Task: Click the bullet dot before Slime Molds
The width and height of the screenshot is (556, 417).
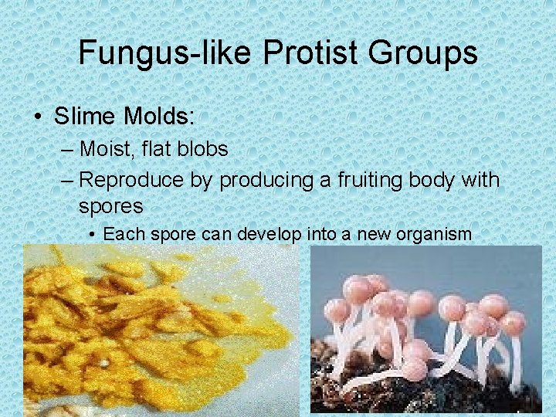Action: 38,117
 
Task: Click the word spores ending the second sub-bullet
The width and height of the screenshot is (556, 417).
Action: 110,206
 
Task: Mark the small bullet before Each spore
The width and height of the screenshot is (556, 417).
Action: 92,234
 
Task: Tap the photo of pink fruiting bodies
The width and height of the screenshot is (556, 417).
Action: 425,331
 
